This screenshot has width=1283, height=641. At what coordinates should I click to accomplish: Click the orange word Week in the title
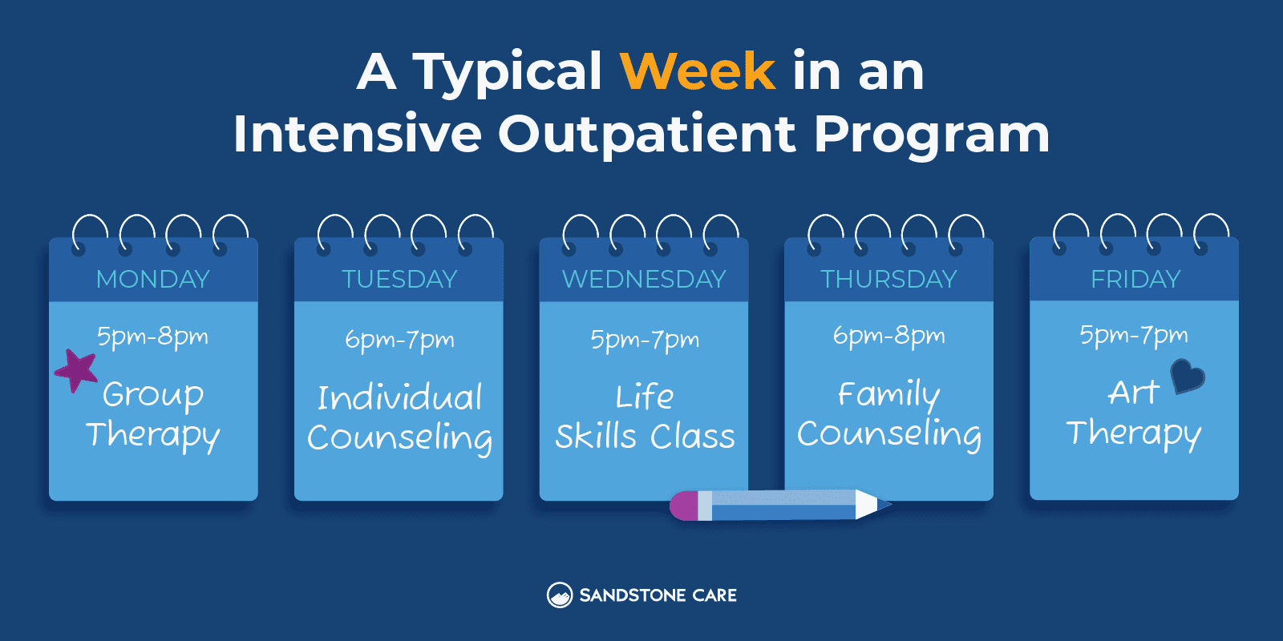pos(697,71)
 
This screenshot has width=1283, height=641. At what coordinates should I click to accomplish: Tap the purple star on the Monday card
pos(77,370)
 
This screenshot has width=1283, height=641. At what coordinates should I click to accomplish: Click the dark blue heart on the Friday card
pos(1187,375)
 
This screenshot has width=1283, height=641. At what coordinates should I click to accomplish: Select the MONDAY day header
pos(153,279)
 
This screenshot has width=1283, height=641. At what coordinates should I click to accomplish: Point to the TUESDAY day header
pos(399,279)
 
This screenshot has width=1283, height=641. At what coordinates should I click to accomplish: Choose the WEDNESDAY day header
pos(644,279)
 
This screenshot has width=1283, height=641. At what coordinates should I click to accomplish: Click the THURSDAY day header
pos(888,279)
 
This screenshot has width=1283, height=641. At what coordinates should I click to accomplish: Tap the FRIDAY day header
pos(1135,279)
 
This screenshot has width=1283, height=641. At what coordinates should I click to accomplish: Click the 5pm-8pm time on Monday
pos(152,337)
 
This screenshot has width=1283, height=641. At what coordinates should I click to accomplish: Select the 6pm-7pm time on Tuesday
pos(399,340)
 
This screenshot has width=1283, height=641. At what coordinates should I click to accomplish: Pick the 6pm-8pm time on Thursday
pos(888,336)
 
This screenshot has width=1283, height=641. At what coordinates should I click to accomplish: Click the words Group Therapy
pos(153,414)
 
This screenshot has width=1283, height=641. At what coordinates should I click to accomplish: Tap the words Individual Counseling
pos(399,417)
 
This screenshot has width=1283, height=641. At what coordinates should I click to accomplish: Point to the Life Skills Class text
pos(645,416)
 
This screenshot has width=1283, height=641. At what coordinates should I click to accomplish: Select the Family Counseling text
pos(888,413)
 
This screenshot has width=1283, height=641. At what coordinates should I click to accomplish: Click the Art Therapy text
pos(1134,413)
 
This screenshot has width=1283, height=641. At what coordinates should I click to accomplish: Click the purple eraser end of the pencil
pos(683,506)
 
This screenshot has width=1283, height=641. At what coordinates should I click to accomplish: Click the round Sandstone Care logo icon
pos(559,595)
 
